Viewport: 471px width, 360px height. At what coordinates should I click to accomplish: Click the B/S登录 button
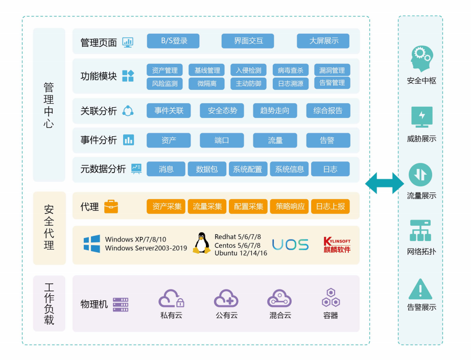click(173, 41)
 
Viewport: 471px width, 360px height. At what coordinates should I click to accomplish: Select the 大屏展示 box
click(323, 41)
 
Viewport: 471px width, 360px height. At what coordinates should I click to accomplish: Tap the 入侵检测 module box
click(248, 70)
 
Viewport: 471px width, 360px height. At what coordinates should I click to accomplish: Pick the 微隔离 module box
click(206, 83)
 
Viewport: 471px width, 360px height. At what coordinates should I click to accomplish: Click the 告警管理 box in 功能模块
click(332, 83)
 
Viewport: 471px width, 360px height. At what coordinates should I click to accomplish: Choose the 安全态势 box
click(222, 110)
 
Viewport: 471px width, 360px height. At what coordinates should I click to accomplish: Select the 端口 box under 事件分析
click(222, 140)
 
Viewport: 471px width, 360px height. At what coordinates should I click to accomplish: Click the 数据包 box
click(206, 169)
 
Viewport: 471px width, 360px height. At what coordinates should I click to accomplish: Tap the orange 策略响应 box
click(290, 206)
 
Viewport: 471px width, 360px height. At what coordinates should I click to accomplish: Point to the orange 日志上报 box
click(330, 206)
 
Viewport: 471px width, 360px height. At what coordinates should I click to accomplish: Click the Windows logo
click(92, 244)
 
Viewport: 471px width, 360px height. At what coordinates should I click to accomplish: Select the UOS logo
click(290, 245)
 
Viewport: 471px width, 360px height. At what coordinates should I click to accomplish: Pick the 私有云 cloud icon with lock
click(171, 298)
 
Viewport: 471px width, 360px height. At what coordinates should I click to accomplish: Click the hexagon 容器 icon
click(331, 298)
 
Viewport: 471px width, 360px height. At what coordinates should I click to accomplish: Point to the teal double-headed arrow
click(384, 183)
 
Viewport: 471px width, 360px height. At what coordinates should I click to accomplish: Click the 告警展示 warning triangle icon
click(420, 290)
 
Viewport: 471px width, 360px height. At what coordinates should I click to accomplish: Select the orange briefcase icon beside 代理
click(111, 206)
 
